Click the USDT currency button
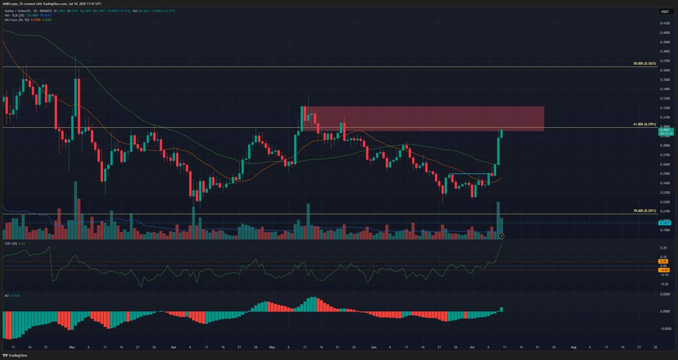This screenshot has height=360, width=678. [x=665, y=11]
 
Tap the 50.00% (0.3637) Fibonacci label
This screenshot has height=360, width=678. [x=645, y=64]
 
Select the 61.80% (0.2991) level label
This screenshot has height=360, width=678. [x=645, y=124]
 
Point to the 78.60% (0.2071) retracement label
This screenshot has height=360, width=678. [x=645, y=211]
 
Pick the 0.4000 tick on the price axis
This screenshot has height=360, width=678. [x=665, y=33]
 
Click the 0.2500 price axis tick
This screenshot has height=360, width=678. [x=665, y=174]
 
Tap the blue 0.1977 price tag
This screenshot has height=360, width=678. [x=665, y=223]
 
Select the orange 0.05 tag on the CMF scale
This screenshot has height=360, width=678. [x=664, y=262]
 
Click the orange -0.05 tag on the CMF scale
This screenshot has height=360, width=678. [x=664, y=270]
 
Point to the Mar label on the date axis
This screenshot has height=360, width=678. [x=72, y=347]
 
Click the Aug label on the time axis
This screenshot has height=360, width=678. [x=573, y=347]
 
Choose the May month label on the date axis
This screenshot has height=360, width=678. [x=272, y=347]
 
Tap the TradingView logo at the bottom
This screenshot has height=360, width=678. [x=15, y=355]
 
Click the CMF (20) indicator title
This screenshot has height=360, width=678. [x=11, y=243]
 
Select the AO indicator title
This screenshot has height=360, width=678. [x=7, y=296]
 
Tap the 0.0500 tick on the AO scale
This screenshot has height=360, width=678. [x=665, y=294]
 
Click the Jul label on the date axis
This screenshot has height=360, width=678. [x=472, y=347]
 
